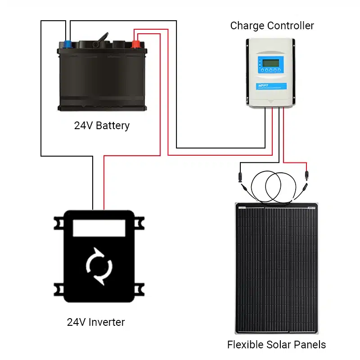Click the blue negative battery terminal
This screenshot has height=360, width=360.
pos(67,44)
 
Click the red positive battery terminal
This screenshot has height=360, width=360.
pos(135,44)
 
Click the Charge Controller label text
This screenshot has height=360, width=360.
pos(272,26)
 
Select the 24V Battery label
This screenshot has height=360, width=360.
pos(102,126)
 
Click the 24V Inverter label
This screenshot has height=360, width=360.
pos(95,322)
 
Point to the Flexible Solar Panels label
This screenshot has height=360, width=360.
pos(276,345)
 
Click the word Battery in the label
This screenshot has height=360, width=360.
pos(113,126)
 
